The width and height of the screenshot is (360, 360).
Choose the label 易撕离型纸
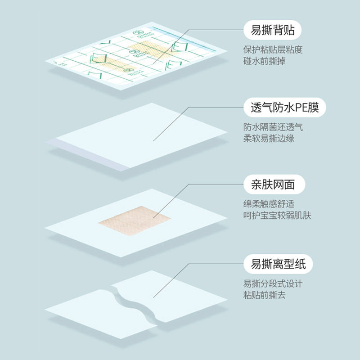[x=275, y=264]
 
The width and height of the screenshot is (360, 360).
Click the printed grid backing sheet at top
[x=135, y=58]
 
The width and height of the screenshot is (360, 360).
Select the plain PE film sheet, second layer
[x=135, y=135]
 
